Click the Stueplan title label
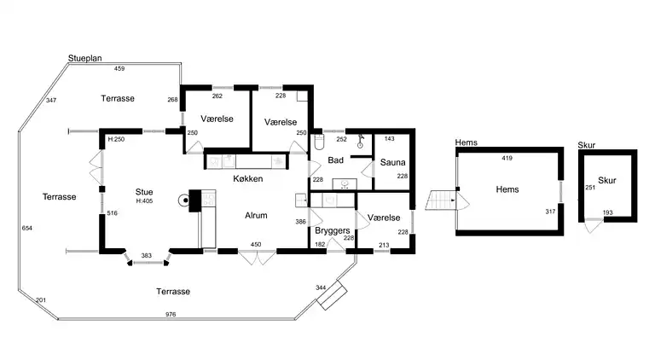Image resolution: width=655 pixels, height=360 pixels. [84, 59]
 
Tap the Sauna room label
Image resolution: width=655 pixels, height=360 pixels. [392, 162]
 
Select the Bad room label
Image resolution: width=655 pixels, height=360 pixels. [335, 160]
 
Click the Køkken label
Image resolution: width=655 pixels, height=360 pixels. [247, 179]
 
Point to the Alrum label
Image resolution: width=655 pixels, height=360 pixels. [256, 216]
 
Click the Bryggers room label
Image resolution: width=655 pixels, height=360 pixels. [333, 230]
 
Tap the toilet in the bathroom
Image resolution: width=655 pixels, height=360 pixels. [319, 142]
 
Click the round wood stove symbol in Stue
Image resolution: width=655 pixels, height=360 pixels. [184, 200]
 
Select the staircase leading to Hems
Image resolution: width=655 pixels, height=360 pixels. [440, 200]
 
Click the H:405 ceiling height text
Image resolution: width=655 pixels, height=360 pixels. [144, 200]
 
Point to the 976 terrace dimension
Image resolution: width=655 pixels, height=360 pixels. [171, 315]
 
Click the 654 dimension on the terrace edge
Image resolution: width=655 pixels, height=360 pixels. [27, 228]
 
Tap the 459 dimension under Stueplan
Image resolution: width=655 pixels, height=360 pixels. [119, 68]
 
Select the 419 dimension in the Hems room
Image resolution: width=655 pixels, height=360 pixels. [507, 158]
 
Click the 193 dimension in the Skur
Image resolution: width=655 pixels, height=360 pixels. [608, 212]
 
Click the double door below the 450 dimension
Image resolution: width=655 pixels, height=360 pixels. [257, 257]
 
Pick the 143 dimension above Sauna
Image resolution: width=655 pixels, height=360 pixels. [389, 139]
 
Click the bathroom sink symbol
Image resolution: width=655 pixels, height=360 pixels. [345, 183]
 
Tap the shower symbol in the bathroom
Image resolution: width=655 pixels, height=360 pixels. [361, 141]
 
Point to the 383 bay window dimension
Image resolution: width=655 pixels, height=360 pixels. [146, 256]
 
